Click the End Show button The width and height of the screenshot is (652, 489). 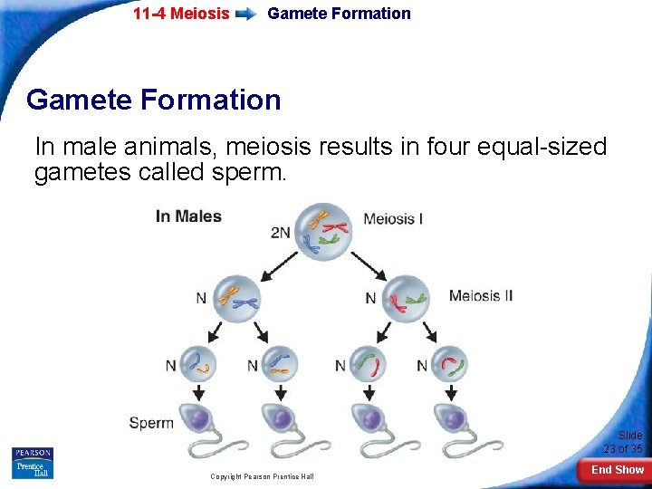point(618,469)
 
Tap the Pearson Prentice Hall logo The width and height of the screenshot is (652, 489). point(33,463)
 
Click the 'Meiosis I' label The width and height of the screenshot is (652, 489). point(393,218)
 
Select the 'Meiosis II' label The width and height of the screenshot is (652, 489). point(481,295)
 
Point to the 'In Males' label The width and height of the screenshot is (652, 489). point(188,216)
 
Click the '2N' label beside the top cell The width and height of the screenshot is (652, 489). point(281,232)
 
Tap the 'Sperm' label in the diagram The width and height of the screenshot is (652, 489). point(151,422)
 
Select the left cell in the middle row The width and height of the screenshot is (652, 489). point(235,297)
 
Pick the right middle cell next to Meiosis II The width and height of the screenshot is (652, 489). point(404,298)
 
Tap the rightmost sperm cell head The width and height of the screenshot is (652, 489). point(452,418)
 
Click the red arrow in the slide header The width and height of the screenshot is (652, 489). point(246,14)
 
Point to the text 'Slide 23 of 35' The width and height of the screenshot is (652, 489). point(623,442)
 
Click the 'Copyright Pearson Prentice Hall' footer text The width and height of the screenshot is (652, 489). point(262,476)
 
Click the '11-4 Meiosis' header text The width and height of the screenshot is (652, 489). point(181,14)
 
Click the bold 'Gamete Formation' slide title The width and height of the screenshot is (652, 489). point(154,99)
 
